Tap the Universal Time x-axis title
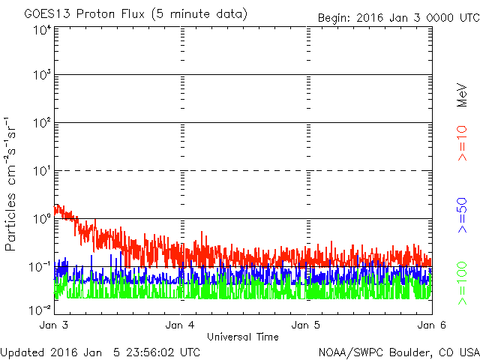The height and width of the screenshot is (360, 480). pos(242,337)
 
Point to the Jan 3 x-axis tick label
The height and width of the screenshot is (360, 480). pos(54,325)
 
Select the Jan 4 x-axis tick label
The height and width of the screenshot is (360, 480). pos(180,325)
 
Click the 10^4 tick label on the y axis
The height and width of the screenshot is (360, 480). pos(41,29)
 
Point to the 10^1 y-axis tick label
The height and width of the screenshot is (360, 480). pos(41,172)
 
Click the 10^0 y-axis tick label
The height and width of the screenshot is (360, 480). pos(41,220)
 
